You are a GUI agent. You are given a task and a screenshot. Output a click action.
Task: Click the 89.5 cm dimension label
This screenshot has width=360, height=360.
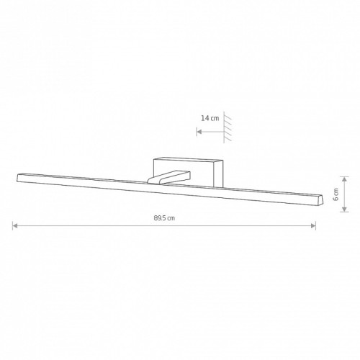click(164, 218)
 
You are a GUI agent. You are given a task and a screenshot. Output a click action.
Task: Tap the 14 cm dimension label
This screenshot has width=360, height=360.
click(210, 118)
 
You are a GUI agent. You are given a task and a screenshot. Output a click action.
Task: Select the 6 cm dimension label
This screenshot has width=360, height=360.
click(336, 194)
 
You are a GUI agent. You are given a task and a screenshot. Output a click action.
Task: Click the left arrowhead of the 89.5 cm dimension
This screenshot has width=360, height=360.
click(15, 225)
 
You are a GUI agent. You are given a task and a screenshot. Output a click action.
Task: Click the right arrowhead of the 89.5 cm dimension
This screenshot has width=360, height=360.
click(313, 225)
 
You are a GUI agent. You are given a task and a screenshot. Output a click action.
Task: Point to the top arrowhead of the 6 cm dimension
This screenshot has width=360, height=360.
click(345, 179)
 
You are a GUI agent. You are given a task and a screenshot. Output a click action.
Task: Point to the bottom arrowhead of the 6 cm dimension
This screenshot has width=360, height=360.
click(345, 210)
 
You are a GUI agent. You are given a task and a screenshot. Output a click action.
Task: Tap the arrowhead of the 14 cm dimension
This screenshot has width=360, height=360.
click(199, 132)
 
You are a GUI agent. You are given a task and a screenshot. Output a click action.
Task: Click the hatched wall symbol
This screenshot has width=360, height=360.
click(227, 127)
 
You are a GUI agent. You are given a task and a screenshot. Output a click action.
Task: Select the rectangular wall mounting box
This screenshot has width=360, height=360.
click(188, 172)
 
